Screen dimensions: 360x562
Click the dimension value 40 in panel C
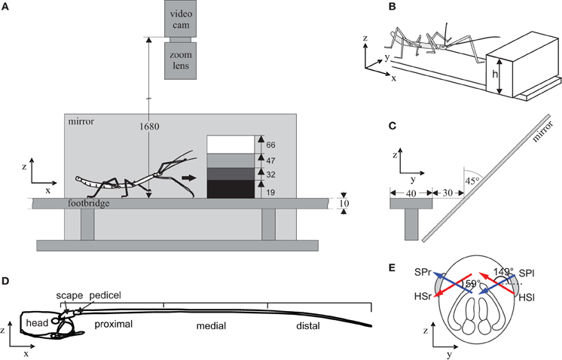click(410, 192)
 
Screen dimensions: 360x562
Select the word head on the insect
click(38, 323)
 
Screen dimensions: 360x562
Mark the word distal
click(310, 327)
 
